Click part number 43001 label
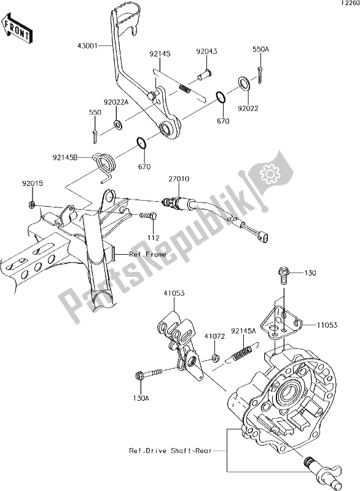[x=87, y=45]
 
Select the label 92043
[x=207, y=52]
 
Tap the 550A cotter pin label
[x=261, y=49]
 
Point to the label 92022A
[x=117, y=102]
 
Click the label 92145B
[x=65, y=158]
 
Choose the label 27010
[x=179, y=179]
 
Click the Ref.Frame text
[x=147, y=254]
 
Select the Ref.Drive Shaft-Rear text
[x=170, y=450]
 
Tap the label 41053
[x=174, y=293]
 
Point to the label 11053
[x=327, y=325]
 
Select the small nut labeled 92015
[x=31, y=205]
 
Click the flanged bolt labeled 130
[x=283, y=274]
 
